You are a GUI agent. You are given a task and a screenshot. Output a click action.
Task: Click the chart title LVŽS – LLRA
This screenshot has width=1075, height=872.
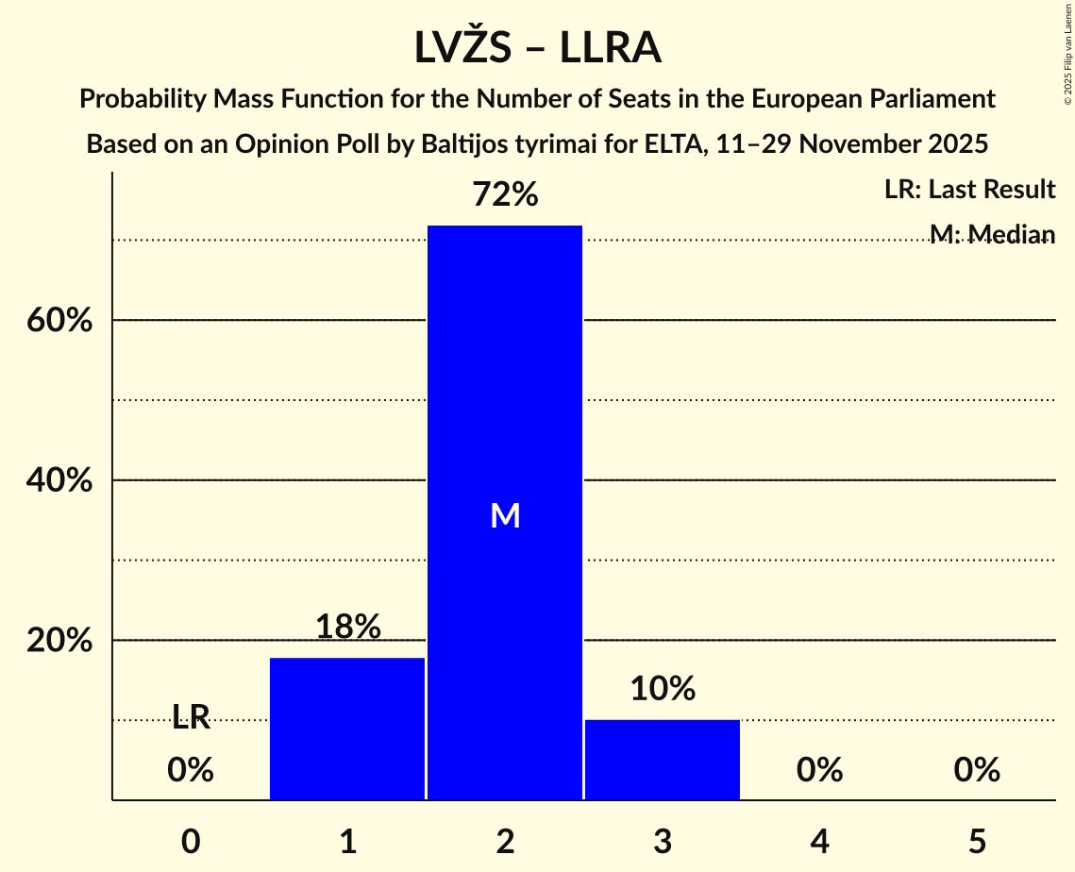click(x=537, y=48)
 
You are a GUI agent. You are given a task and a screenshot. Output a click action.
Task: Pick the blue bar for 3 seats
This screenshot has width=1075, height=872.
click(x=663, y=760)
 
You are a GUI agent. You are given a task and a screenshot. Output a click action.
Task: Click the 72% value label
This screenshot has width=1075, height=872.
click(x=505, y=195)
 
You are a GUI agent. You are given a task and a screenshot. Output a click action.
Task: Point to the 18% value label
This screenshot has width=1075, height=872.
click(x=347, y=627)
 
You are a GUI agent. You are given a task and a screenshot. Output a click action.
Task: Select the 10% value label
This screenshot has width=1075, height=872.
click(x=663, y=689)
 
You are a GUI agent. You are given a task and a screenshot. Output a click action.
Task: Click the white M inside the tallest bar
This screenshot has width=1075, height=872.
click(x=505, y=515)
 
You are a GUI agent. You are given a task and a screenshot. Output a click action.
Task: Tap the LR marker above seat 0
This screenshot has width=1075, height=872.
click(x=191, y=718)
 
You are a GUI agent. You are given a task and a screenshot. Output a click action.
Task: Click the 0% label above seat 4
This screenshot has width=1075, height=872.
click(x=819, y=771)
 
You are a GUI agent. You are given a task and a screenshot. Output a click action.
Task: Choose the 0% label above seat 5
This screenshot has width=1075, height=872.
click(x=977, y=771)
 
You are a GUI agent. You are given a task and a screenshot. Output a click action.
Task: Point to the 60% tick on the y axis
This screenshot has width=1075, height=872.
click(x=59, y=321)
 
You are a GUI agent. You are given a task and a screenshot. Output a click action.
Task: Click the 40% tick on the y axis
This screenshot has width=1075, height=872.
click(x=59, y=481)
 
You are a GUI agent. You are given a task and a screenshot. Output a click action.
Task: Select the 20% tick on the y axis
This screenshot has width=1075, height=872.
click(x=59, y=641)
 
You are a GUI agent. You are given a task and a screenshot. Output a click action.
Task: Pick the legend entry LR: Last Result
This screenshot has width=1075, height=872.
click(x=969, y=190)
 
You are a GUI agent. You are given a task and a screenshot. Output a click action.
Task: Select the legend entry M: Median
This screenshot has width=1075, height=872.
click(x=991, y=234)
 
